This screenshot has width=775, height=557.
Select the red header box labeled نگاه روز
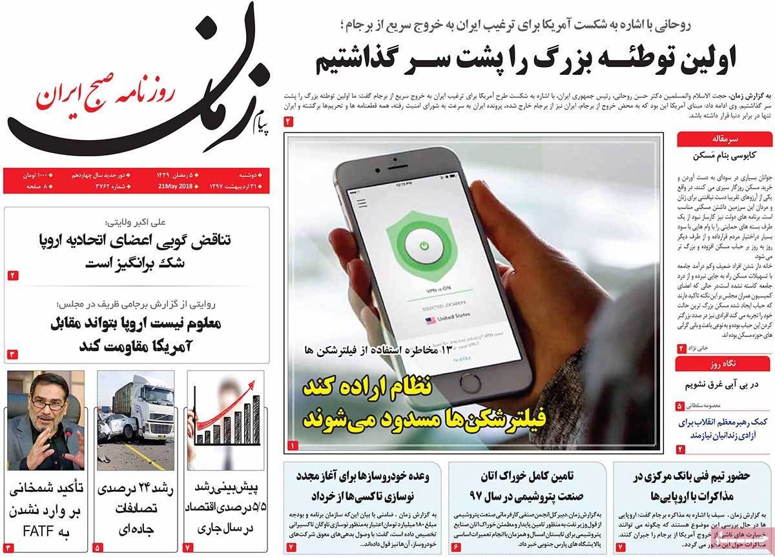pos(723,364)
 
